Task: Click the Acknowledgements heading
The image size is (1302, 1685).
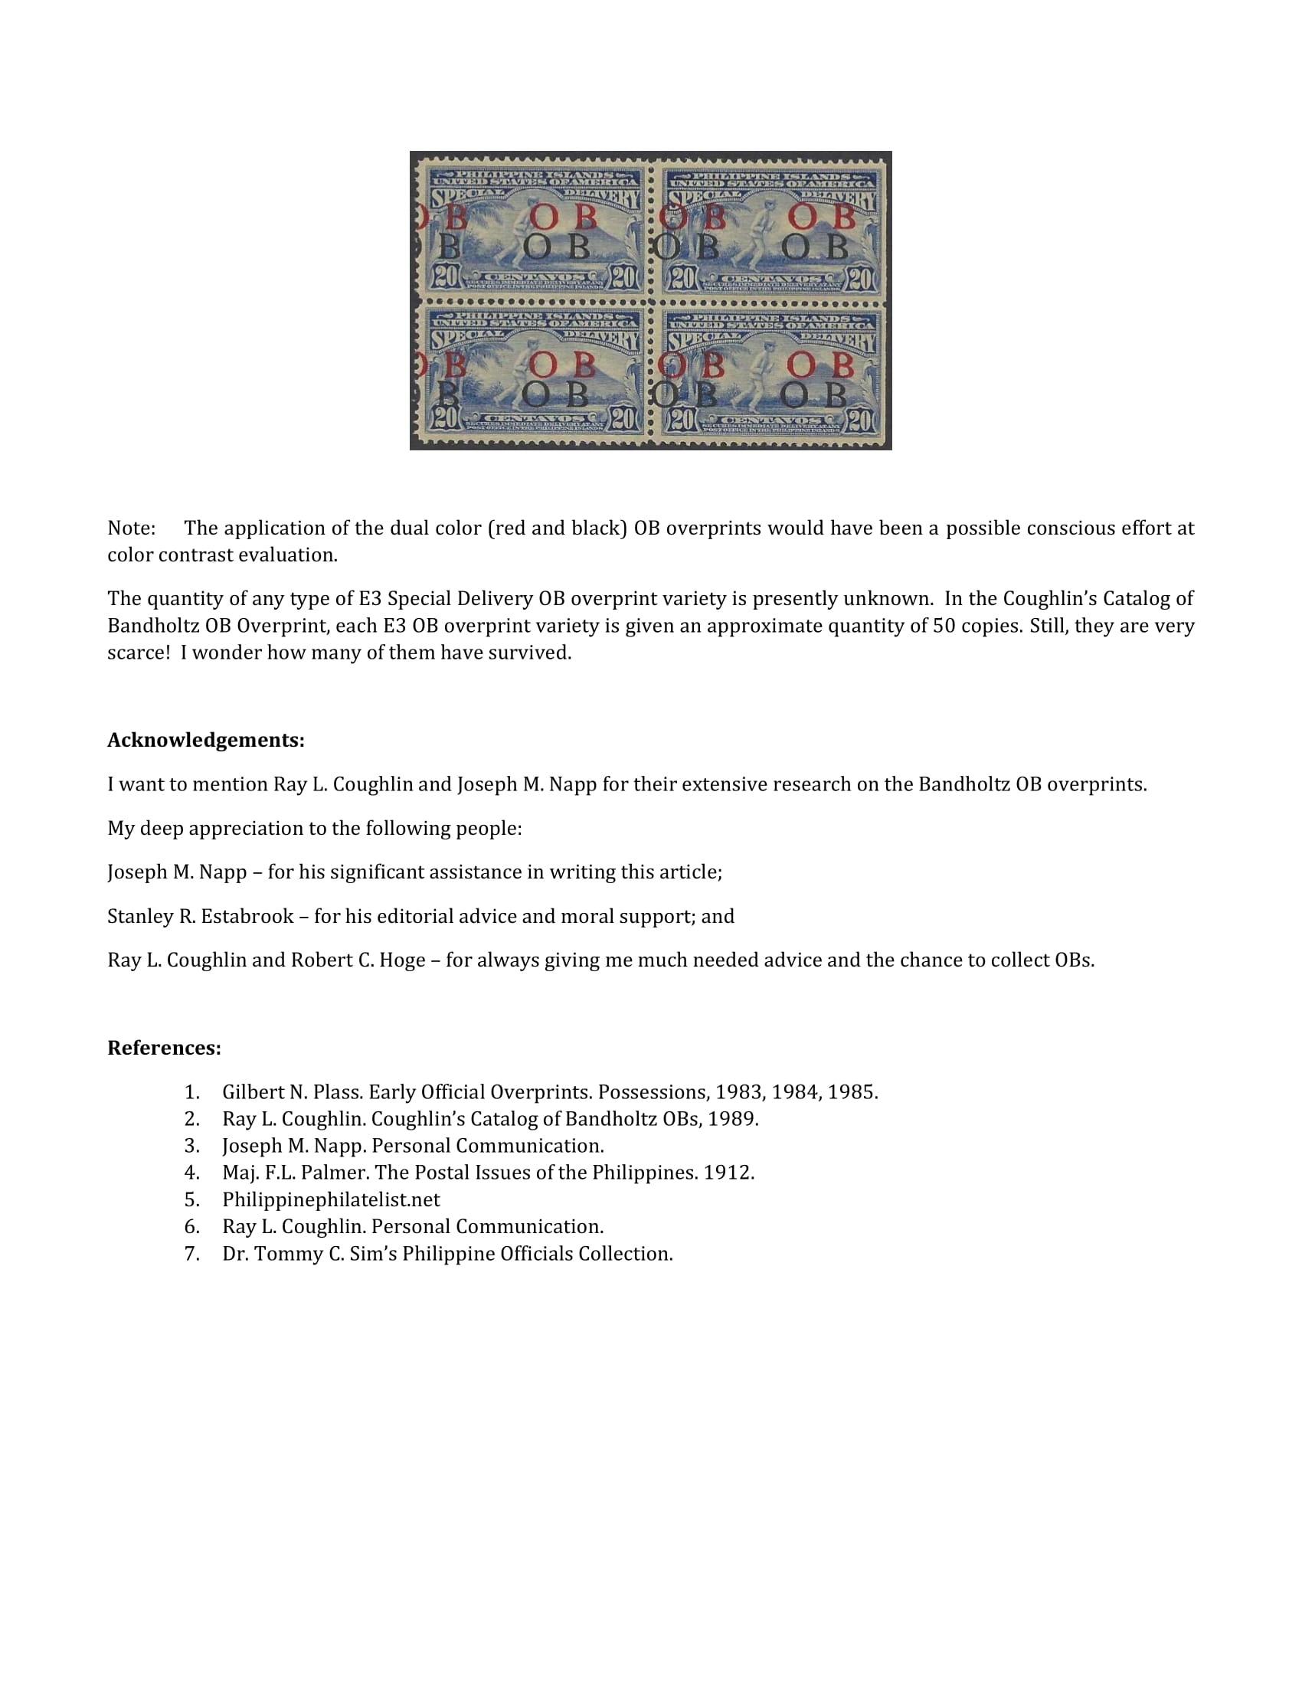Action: tap(206, 741)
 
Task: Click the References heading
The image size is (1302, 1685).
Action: tap(165, 1049)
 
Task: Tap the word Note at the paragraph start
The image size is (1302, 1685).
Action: tap(130, 528)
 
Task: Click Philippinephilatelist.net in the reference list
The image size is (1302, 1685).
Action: tap(331, 1200)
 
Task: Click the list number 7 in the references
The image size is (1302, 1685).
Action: tap(191, 1255)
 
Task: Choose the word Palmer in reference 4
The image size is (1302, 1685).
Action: tap(335, 1173)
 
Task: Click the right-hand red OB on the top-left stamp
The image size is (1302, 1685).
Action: tap(563, 218)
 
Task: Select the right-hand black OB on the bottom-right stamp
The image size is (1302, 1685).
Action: tap(813, 396)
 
